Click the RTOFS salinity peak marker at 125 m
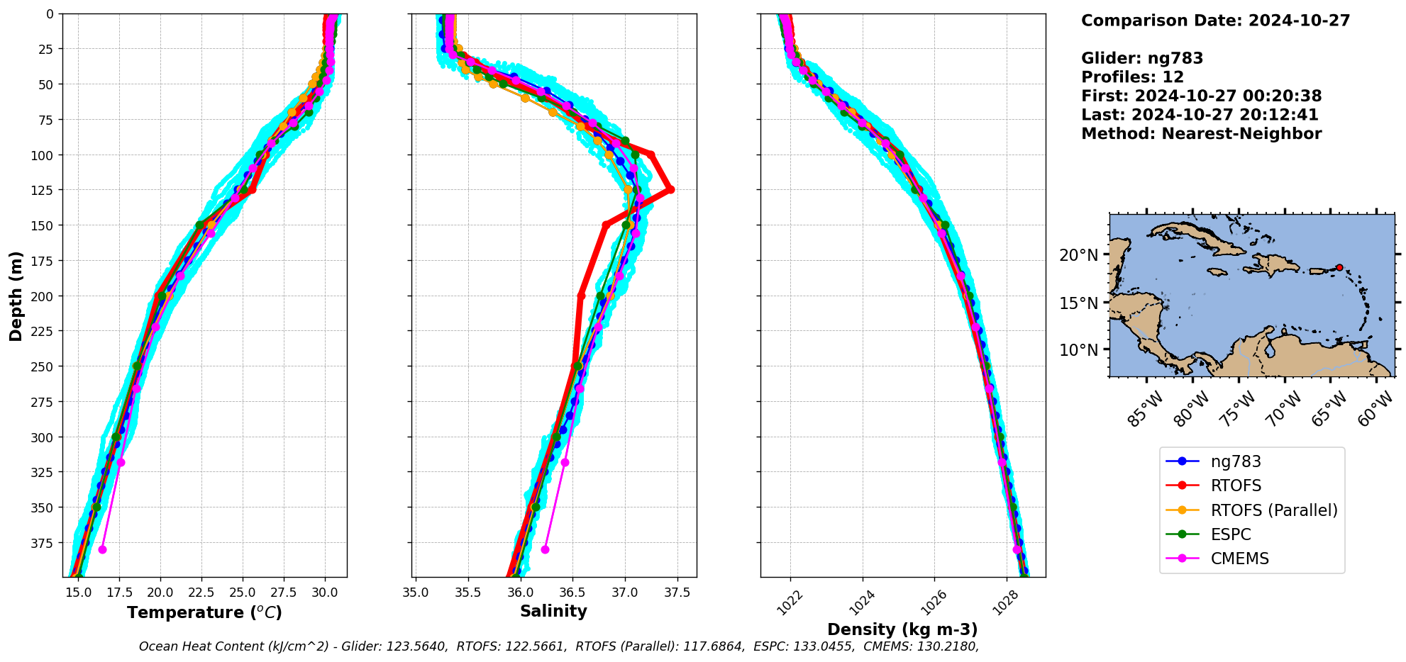(x=670, y=189)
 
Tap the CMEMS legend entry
(x=1239, y=559)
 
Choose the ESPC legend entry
(x=1231, y=534)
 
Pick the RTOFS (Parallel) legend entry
(x=1274, y=510)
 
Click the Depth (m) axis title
(x=16, y=296)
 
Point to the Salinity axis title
(x=553, y=612)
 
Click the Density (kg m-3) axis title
(x=902, y=629)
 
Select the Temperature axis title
(x=204, y=613)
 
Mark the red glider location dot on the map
(x=1339, y=267)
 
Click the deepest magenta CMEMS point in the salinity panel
(x=545, y=549)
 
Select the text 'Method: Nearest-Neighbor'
(x=1201, y=134)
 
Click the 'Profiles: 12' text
(x=1132, y=77)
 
